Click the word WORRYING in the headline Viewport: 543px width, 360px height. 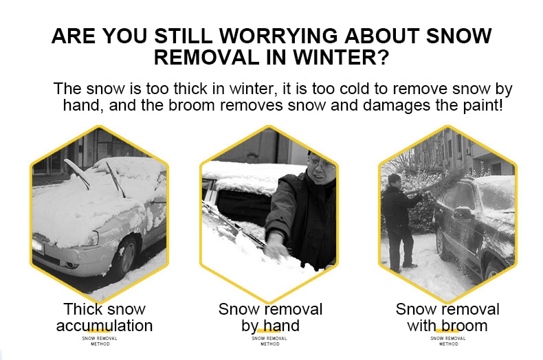(278, 36)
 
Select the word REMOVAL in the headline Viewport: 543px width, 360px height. (206, 58)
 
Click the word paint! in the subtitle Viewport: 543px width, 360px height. (483, 106)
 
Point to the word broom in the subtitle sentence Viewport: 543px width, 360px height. (192, 105)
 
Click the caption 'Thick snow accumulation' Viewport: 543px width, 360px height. (104, 317)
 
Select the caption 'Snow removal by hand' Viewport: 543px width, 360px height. (270, 317)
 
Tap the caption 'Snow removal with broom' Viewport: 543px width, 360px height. (447, 317)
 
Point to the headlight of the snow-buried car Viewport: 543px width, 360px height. (92, 239)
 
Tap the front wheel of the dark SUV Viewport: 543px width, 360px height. (441, 244)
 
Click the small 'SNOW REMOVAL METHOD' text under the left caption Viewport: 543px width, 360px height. (100, 341)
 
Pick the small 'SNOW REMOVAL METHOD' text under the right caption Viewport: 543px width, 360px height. (448, 341)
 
